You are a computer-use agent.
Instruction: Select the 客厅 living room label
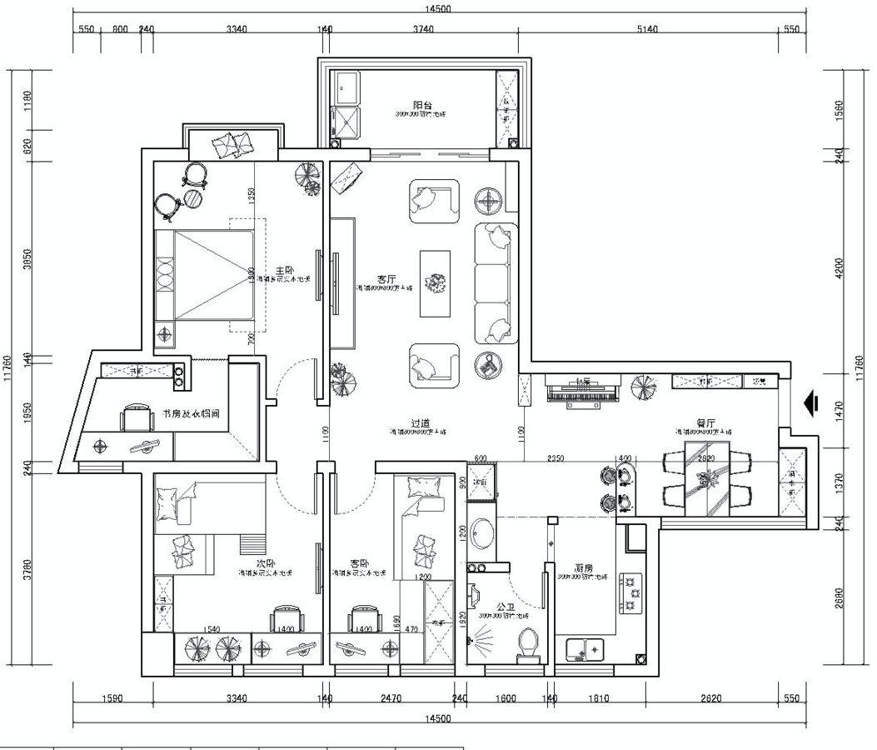coord(386,279)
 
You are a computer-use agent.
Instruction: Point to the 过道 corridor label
coord(419,423)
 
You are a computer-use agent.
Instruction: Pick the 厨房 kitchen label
coord(583,568)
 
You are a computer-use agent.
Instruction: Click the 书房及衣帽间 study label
coord(197,413)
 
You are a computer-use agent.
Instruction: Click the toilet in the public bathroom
coord(526,643)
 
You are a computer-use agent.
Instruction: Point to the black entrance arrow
coord(808,403)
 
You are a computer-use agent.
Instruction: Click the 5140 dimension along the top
coord(647,29)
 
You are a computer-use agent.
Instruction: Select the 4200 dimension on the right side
coord(839,268)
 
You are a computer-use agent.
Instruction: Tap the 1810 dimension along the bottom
coord(598,698)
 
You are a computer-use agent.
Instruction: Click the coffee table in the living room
coord(435,283)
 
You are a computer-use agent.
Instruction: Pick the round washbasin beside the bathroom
coord(481,532)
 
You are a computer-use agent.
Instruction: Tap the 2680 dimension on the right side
coord(839,598)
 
